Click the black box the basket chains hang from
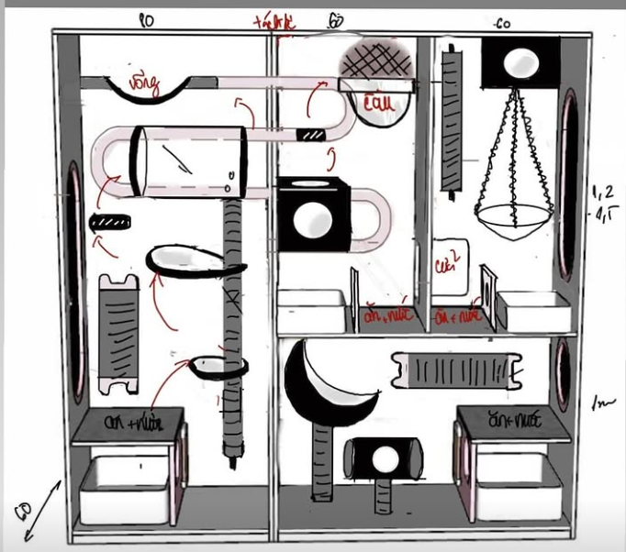coord(519,65)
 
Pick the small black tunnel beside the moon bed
coord(385,459)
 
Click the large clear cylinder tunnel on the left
coord(189,160)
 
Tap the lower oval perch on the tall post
coord(219,366)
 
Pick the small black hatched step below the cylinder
coord(111,222)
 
